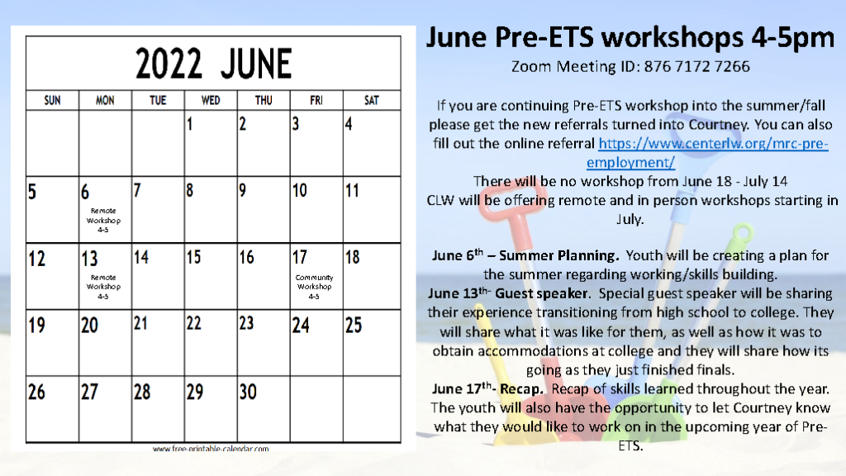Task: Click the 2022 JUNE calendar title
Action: pyautogui.click(x=213, y=64)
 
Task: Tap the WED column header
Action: pyautogui.click(x=211, y=101)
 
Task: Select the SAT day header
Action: pyautogui.click(x=372, y=101)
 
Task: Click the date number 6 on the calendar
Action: pyautogui.click(x=85, y=193)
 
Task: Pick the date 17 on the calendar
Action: pyautogui.click(x=300, y=257)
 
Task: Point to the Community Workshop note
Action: pyautogui.click(x=314, y=286)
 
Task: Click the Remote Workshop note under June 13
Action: pyautogui.click(x=103, y=286)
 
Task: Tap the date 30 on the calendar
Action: pyautogui.click(x=248, y=392)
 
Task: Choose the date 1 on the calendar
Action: pyautogui.click(x=190, y=126)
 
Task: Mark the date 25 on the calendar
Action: pyautogui.click(x=354, y=326)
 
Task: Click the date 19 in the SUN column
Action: pyautogui.click(x=36, y=326)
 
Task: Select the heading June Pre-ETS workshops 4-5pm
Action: pyautogui.click(x=630, y=38)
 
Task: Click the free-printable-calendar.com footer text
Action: pyautogui.click(x=211, y=449)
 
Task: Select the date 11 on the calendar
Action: pyautogui.click(x=352, y=192)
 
